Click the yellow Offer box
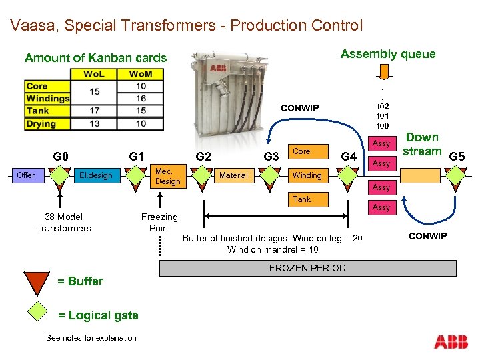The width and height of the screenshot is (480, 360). click(27, 175)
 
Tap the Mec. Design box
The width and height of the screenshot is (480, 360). click(168, 176)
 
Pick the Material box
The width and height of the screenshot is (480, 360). click(233, 175)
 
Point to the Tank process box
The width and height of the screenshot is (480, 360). click(301, 199)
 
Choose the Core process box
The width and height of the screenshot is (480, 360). click(301, 151)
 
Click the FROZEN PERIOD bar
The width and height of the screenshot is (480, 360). click(307, 268)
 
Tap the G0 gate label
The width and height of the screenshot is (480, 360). click(61, 157)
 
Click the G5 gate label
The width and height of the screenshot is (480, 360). click(457, 157)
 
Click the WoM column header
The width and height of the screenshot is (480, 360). click(141, 73)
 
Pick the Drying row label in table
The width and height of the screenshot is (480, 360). click(41, 123)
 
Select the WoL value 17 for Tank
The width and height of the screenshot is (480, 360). click(94, 111)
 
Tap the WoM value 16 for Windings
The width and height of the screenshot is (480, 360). click(141, 98)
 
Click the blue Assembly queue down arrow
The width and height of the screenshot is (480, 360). click(388, 71)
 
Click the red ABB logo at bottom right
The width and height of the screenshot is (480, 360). click(451, 343)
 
